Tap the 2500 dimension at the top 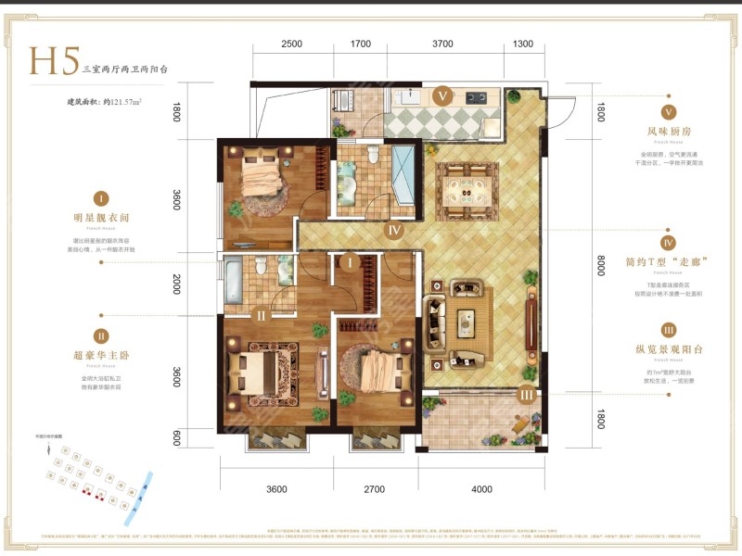pyautogui.click(x=291, y=44)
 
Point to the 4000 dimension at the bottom pyautogui.click(x=481, y=489)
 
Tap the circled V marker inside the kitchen pyautogui.click(x=442, y=95)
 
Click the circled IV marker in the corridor pyautogui.click(x=394, y=231)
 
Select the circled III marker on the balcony pyautogui.click(x=526, y=396)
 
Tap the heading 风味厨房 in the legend pyautogui.click(x=666, y=131)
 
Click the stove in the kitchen pyautogui.click(x=477, y=96)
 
